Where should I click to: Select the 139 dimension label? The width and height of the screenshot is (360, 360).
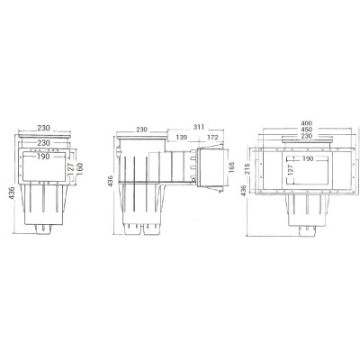pos(182,138)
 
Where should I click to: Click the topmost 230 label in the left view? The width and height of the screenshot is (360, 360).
pos(44,130)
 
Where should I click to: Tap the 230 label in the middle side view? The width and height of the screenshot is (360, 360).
pos(141,130)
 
